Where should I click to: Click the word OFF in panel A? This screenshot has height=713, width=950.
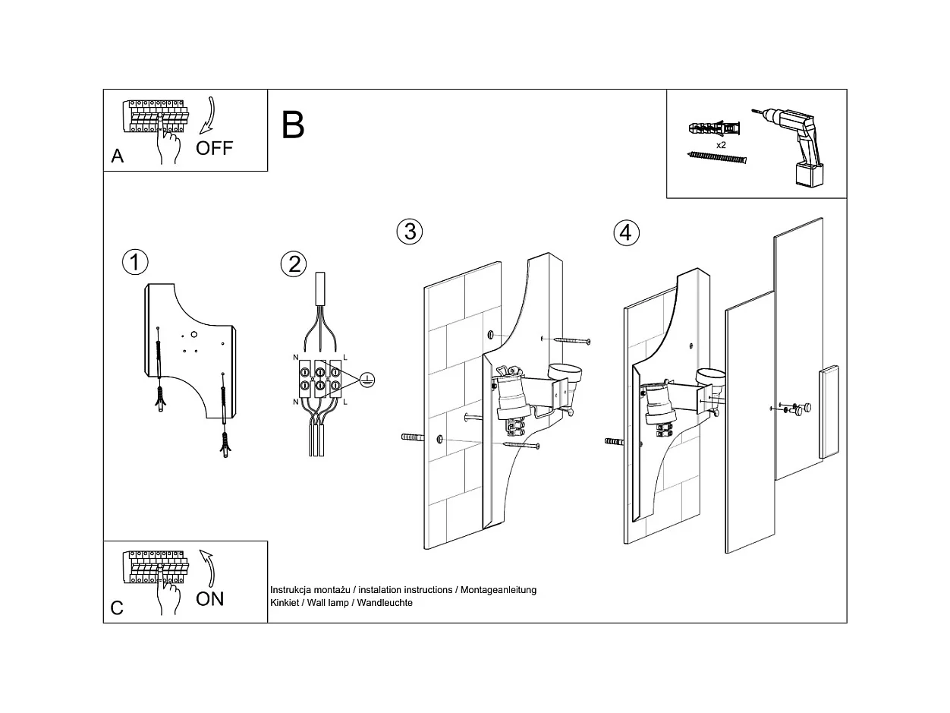pos(214,148)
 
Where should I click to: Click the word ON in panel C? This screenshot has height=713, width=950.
pos(210,598)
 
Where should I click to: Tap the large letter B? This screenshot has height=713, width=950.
pos(293,125)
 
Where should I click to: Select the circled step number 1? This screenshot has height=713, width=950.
pos(135,263)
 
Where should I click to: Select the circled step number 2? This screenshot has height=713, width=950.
pos(293,264)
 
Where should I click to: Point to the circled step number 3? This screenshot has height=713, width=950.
pos(410,231)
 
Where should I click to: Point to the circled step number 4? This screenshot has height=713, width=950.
pos(625,232)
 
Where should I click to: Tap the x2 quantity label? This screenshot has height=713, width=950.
pos(721,144)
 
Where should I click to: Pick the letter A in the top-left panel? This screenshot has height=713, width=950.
pos(117,156)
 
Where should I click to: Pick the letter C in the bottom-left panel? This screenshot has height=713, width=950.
pos(117,608)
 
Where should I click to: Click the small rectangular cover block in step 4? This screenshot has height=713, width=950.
pos(828,412)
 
